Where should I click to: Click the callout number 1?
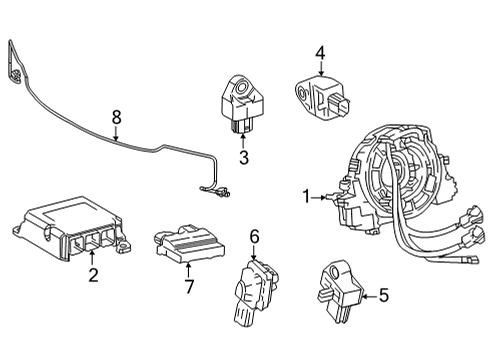click(x=307, y=196)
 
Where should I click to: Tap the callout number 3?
click(x=243, y=157)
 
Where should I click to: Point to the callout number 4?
click(x=320, y=51)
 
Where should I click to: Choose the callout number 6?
click(x=254, y=236)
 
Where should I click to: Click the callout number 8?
click(x=116, y=118)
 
